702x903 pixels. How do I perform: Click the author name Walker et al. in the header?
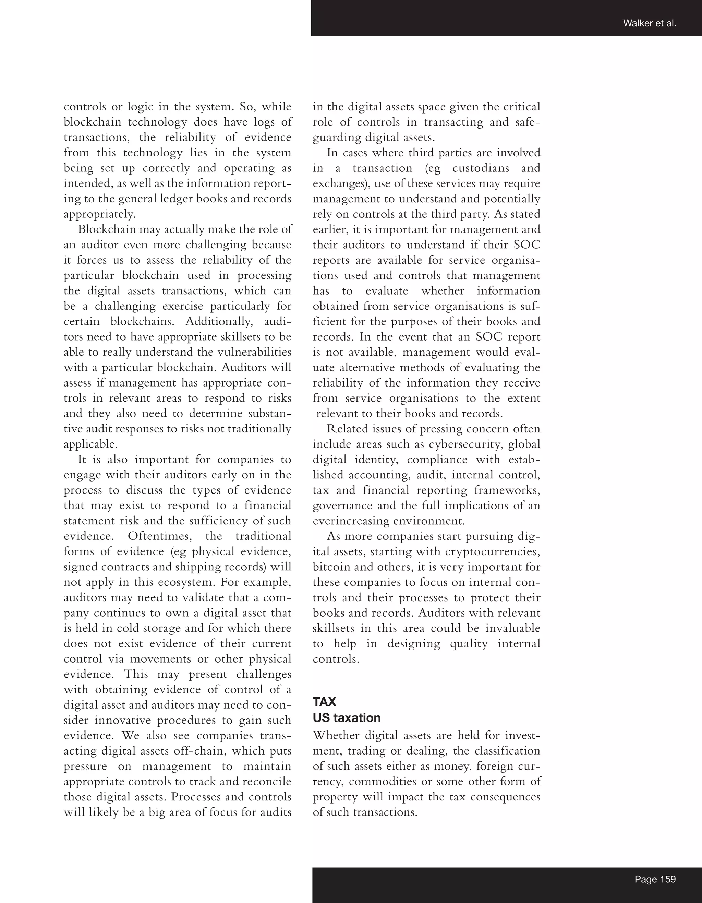coord(649,24)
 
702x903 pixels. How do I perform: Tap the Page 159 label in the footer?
coord(655,879)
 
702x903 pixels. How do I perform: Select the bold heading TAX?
coord(324,702)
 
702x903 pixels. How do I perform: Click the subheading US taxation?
coord(347,718)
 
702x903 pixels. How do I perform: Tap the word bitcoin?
coord(331,567)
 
